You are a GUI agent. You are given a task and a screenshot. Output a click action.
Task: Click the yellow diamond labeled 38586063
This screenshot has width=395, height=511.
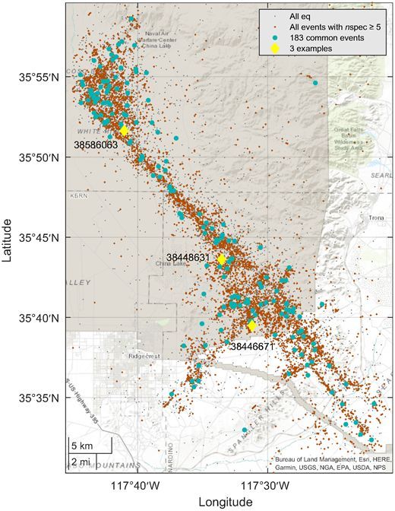tap(124, 131)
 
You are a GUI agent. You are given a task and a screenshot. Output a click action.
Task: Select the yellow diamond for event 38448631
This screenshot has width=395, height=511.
tap(222, 259)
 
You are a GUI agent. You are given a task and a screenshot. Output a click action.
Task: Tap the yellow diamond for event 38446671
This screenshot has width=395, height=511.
tap(252, 325)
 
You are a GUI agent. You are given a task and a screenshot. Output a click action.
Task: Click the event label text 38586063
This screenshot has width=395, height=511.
tap(95, 144)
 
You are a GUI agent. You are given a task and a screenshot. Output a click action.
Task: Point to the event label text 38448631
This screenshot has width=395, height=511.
tap(188, 259)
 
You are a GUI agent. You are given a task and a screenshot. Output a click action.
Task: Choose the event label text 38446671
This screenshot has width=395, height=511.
tap(252, 346)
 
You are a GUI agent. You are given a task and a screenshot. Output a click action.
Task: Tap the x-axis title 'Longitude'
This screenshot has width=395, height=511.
tap(225, 502)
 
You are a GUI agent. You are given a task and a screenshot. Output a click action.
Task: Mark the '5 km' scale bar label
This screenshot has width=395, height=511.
tap(82, 445)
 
